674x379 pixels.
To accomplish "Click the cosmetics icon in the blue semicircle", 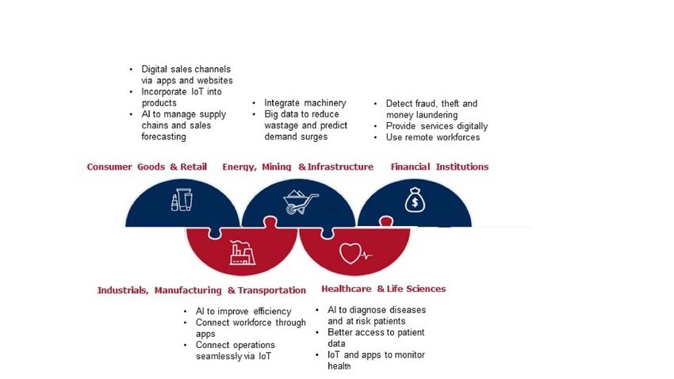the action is (x=182, y=200).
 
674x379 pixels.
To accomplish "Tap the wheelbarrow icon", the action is (x=301, y=201).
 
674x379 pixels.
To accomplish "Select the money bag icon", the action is (x=415, y=200).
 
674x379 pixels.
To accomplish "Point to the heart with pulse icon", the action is (x=355, y=254).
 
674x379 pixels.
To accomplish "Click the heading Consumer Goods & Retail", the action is (x=147, y=167).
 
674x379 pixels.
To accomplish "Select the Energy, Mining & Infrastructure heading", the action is (x=297, y=167).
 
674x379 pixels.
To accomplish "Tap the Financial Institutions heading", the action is (x=439, y=167).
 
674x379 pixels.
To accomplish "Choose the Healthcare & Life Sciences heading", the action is (x=384, y=289).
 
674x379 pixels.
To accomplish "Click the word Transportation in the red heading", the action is (x=272, y=290).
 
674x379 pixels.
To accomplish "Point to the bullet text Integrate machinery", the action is (x=305, y=103).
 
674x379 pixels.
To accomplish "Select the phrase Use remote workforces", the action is (x=433, y=137).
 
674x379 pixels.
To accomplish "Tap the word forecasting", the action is (x=164, y=136).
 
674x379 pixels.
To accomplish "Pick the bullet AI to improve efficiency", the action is (x=243, y=311).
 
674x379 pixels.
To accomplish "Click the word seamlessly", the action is (x=219, y=356).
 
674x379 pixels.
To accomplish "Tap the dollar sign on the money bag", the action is (x=415, y=202).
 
